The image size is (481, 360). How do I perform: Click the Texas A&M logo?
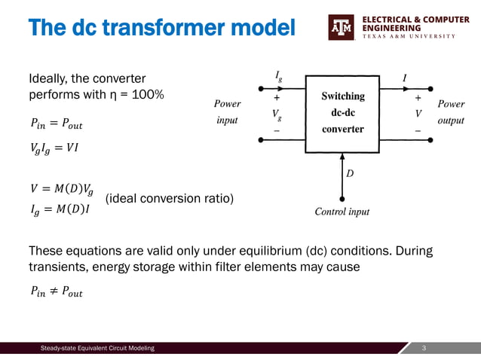341,28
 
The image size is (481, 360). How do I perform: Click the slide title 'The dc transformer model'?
162,28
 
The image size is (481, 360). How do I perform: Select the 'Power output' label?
451,111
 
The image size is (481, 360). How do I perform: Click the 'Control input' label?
342,212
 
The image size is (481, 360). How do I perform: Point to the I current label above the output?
406,77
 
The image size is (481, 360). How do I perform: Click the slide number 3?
425,348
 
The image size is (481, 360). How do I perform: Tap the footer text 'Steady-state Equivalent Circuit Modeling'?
97,348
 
